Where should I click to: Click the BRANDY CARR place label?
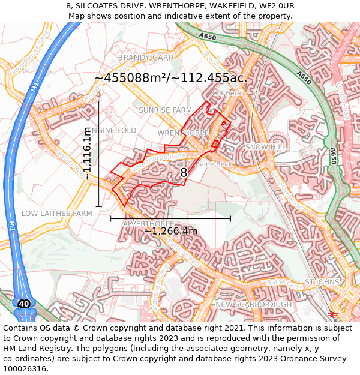[145, 58]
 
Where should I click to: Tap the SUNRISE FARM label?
[165, 110]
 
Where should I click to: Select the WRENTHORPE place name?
[183, 133]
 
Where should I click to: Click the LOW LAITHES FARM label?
[57, 214]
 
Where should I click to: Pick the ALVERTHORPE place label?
[148, 224]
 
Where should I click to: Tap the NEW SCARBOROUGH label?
[253, 304]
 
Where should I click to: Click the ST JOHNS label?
[322, 281]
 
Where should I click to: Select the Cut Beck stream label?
[227, 94]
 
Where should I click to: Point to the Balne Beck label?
[214, 164]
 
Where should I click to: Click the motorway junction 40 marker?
[23, 304]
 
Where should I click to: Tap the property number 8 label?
[184, 173]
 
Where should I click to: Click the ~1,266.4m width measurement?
[170, 231]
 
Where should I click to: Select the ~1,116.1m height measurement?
[88, 154]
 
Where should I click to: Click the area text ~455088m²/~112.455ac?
[170, 78]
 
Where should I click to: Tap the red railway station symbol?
[334, 314]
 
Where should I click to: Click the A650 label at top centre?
[208, 37]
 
